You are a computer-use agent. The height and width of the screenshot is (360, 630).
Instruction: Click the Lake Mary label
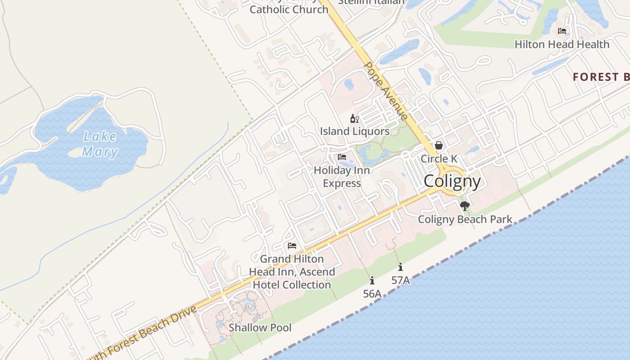tap(99, 144)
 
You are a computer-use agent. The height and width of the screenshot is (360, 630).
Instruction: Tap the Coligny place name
tap(452, 181)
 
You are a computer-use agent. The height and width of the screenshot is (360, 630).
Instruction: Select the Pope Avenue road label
tap(386, 91)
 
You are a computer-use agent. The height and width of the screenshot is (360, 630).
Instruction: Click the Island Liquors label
tap(355, 131)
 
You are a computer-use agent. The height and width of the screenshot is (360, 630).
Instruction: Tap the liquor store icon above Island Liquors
tap(355, 119)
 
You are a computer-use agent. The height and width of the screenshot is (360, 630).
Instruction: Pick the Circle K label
tap(439, 158)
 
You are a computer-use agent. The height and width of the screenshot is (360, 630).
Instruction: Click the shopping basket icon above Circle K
tap(439, 145)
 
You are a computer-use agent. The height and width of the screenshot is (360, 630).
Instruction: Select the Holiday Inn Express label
tap(342, 177)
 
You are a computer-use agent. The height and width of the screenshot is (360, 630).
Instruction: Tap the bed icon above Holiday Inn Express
tap(342, 157)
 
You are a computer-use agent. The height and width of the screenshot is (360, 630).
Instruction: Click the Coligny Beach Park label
tap(465, 219)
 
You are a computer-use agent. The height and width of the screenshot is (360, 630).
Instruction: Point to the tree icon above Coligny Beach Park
tap(465, 206)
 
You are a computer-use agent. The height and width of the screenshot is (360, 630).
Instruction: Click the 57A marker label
tap(400, 280)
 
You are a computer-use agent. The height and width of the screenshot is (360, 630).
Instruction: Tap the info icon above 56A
tap(372, 281)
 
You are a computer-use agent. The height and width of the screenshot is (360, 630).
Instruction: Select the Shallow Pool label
tap(260, 328)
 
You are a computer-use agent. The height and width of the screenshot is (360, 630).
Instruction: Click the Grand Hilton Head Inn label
tap(292, 272)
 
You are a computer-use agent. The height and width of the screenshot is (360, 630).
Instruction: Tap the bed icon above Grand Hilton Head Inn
tap(292, 246)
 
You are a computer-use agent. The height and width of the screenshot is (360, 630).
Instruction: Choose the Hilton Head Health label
tap(562, 44)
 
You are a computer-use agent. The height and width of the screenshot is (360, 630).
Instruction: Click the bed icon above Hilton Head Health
tap(562, 31)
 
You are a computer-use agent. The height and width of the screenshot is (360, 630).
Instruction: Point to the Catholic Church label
tap(289, 9)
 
